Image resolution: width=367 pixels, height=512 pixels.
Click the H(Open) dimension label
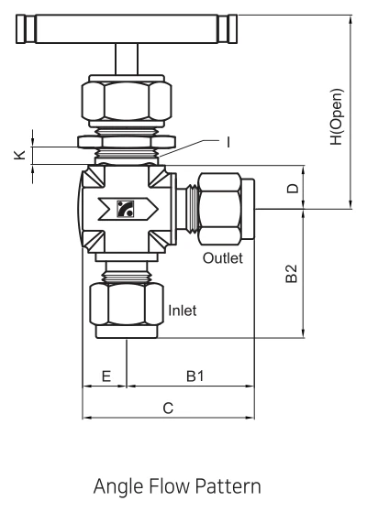(x=337, y=116)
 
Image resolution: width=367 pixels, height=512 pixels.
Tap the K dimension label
(x=20, y=155)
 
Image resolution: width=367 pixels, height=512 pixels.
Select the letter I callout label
(x=228, y=142)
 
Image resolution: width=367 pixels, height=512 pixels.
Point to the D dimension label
(x=293, y=189)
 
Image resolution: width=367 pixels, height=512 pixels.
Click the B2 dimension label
(x=292, y=273)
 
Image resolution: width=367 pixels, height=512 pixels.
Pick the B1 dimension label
(x=195, y=376)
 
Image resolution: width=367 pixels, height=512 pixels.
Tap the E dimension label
(x=106, y=376)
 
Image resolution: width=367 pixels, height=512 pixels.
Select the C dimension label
(x=168, y=409)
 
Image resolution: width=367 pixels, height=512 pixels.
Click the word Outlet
(x=223, y=258)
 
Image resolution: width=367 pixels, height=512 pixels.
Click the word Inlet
(x=183, y=310)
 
